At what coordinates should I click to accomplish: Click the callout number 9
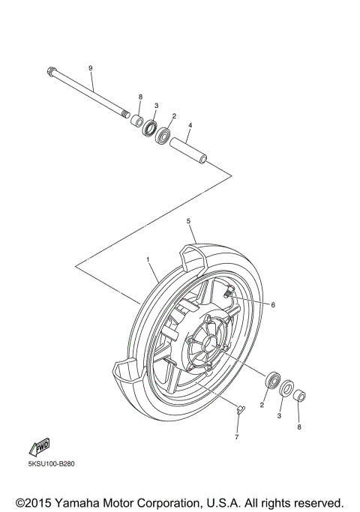pos(90,68)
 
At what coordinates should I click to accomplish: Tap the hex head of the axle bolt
pos(49,73)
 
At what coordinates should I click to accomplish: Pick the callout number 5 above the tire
pos(189,222)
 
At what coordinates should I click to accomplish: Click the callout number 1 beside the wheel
pos(148,259)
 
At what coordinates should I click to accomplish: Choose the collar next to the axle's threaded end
pos(136,120)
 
